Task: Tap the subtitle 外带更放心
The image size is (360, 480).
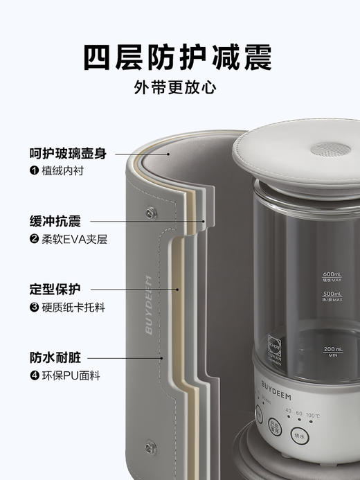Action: tap(179, 90)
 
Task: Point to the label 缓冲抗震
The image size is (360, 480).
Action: tap(55, 222)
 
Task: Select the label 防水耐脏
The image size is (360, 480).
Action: tap(55, 358)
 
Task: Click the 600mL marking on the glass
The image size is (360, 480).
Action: tap(333, 277)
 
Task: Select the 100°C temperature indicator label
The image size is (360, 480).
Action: tap(313, 416)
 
